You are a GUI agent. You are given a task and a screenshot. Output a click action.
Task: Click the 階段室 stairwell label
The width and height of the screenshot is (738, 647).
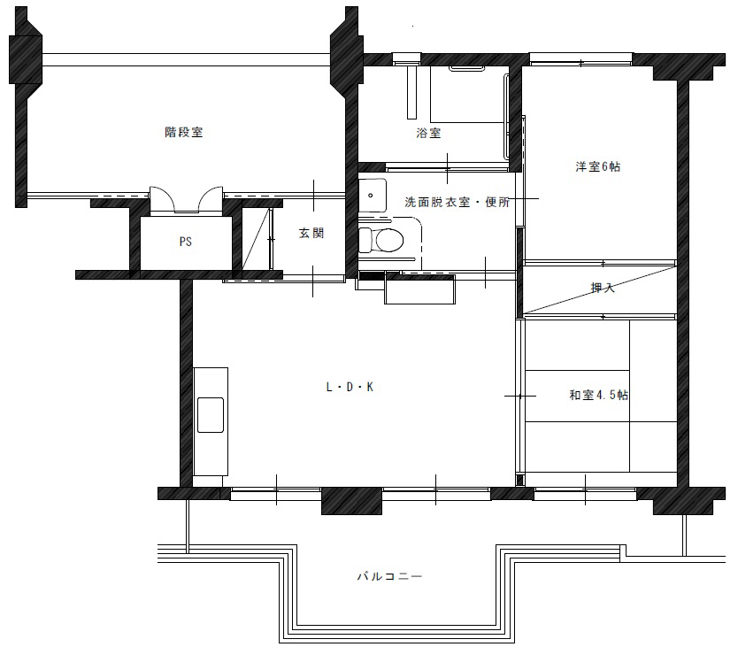(x=183, y=132)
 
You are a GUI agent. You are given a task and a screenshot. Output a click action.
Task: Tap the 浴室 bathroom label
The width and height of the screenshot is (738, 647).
(x=428, y=134)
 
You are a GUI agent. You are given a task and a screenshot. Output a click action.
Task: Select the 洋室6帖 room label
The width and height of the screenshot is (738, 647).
(x=597, y=166)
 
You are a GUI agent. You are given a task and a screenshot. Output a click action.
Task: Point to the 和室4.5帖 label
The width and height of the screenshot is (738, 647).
(x=599, y=395)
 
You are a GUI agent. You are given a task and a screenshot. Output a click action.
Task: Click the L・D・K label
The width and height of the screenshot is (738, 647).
(x=350, y=387)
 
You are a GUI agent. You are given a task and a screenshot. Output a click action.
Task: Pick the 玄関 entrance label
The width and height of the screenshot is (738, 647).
(x=311, y=233)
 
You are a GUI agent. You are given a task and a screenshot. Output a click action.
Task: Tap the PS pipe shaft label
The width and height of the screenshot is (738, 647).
(x=186, y=242)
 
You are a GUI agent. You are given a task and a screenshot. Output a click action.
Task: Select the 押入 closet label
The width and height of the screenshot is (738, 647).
(x=603, y=288)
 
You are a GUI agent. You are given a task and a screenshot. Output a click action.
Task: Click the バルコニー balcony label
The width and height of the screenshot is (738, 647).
(x=389, y=576)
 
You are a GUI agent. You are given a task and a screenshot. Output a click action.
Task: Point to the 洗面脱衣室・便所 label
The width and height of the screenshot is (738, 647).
(x=457, y=203)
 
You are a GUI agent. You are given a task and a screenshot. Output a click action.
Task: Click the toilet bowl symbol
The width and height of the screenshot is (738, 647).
(x=381, y=240)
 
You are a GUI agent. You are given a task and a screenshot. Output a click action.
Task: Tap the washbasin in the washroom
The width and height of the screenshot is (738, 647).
(x=372, y=195)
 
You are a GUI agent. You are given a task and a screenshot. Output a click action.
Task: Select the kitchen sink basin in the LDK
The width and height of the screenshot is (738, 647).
(x=211, y=415)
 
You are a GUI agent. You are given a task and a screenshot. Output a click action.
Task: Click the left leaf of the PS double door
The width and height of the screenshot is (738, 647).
(x=163, y=200)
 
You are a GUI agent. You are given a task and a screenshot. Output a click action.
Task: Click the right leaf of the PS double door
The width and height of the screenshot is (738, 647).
(x=211, y=200)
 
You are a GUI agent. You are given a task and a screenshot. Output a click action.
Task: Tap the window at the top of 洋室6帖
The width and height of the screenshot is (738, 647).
(x=581, y=59)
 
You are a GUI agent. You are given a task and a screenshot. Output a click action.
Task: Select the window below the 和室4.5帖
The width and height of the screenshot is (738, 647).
(x=585, y=494)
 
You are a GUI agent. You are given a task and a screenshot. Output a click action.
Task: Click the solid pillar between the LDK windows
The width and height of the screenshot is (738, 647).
(x=351, y=501)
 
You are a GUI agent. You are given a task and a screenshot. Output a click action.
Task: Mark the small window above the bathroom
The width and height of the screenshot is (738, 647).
(x=407, y=58)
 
